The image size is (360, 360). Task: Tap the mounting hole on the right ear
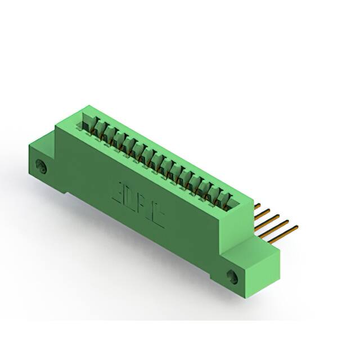tap(232, 275)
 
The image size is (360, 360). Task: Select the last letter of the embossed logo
tap(158, 217)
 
